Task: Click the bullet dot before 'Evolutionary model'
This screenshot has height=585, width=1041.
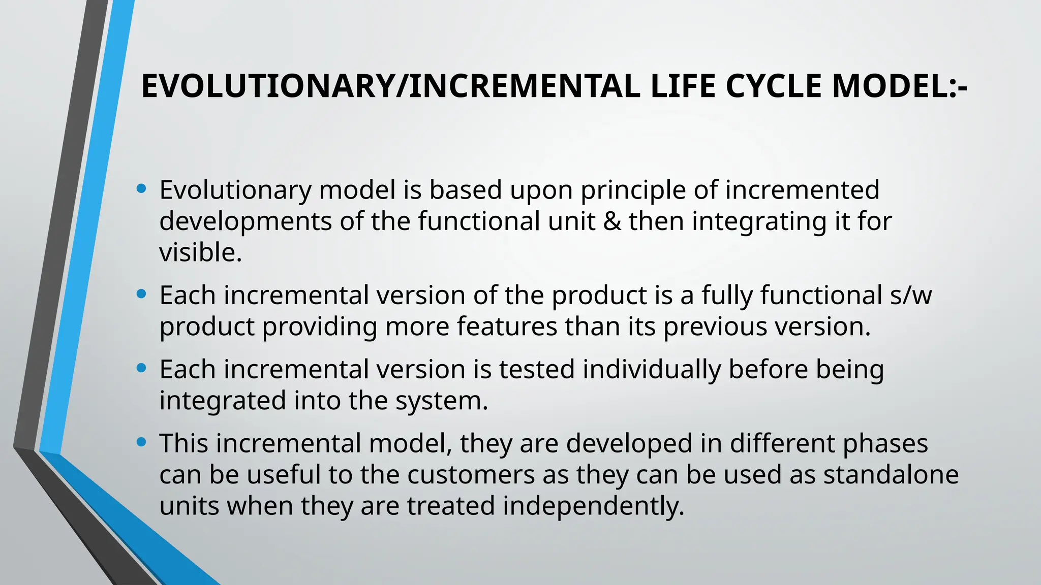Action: pyautogui.click(x=142, y=189)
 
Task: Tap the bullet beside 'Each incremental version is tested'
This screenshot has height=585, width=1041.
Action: pyautogui.click(x=142, y=368)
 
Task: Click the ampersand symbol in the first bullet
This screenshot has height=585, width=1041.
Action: pyautogui.click(x=611, y=221)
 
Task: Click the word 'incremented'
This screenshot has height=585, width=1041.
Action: pyautogui.click(x=802, y=190)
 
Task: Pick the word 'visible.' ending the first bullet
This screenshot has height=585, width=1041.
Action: pyautogui.click(x=201, y=252)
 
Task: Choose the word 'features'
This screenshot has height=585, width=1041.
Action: pyautogui.click(x=507, y=327)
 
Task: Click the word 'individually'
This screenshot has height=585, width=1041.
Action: pyautogui.click(x=652, y=369)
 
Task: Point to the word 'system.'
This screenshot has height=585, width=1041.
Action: pyautogui.click(x=442, y=401)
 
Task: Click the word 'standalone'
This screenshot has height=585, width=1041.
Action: pyautogui.click(x=891, y=475)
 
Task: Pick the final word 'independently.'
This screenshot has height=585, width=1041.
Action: pyautogui.click(x=594, y=506)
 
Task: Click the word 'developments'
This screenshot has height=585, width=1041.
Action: pyautogui.click(x=246, y=221)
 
